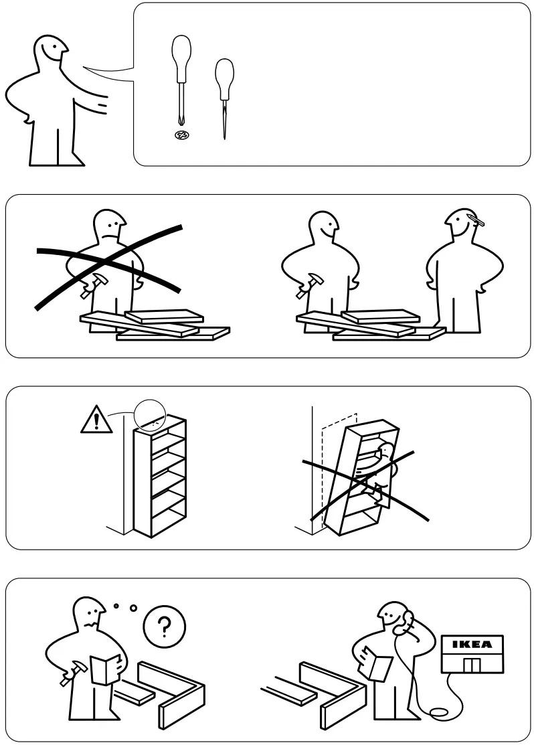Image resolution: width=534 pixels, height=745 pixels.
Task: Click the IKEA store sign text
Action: point(472,645)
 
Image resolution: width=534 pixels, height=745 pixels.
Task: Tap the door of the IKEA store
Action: point(472,665)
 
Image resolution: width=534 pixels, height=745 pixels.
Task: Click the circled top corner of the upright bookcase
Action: point(149,415)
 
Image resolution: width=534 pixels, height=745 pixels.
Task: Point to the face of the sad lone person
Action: point(110,227)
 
